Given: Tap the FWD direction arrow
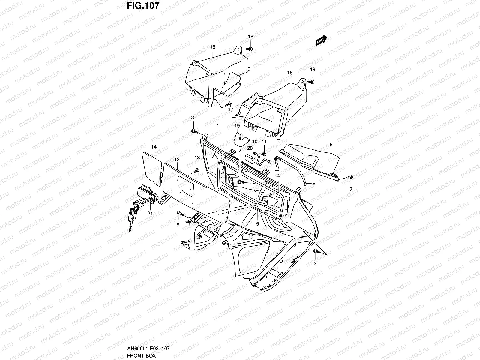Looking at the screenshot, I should click(x=321, y=40).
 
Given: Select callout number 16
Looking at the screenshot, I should click(x=213, y=47).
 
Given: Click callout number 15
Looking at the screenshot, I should click(x=289, y=73).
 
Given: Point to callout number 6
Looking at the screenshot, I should click(x=331, y=145).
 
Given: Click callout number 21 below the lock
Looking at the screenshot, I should click(x=150, y=213).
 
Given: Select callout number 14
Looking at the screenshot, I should click(x=154, y=147).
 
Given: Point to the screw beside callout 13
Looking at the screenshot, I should click(x=196, y=170).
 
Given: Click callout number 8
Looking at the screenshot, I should click(x=314, y=184).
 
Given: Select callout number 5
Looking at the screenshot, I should click(x=257, y=223).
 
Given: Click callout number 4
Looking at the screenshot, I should click(x=278, y=175).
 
